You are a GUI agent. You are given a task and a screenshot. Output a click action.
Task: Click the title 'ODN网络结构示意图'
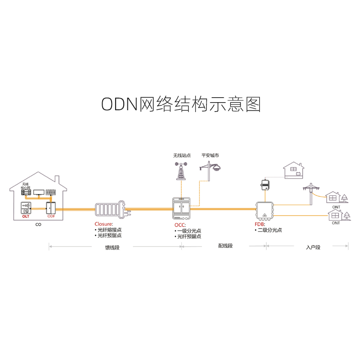point(180,104)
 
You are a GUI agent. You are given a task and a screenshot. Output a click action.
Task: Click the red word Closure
point(103,224)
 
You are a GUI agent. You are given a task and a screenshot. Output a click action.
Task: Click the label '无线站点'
point(181,155)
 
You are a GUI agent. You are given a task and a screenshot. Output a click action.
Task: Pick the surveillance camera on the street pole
point(217,167)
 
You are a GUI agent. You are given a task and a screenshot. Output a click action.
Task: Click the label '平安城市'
point(210,155)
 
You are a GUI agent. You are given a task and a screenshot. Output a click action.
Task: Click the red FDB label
point(260,224)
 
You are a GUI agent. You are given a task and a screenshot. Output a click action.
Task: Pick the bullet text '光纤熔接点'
point(109,229)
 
